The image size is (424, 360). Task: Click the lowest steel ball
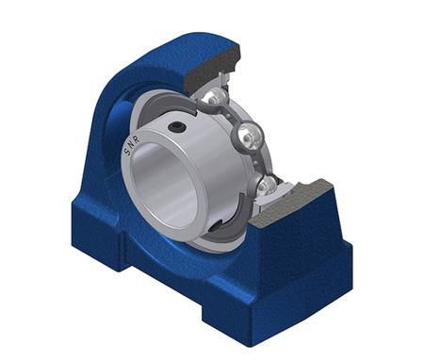[267, 185]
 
